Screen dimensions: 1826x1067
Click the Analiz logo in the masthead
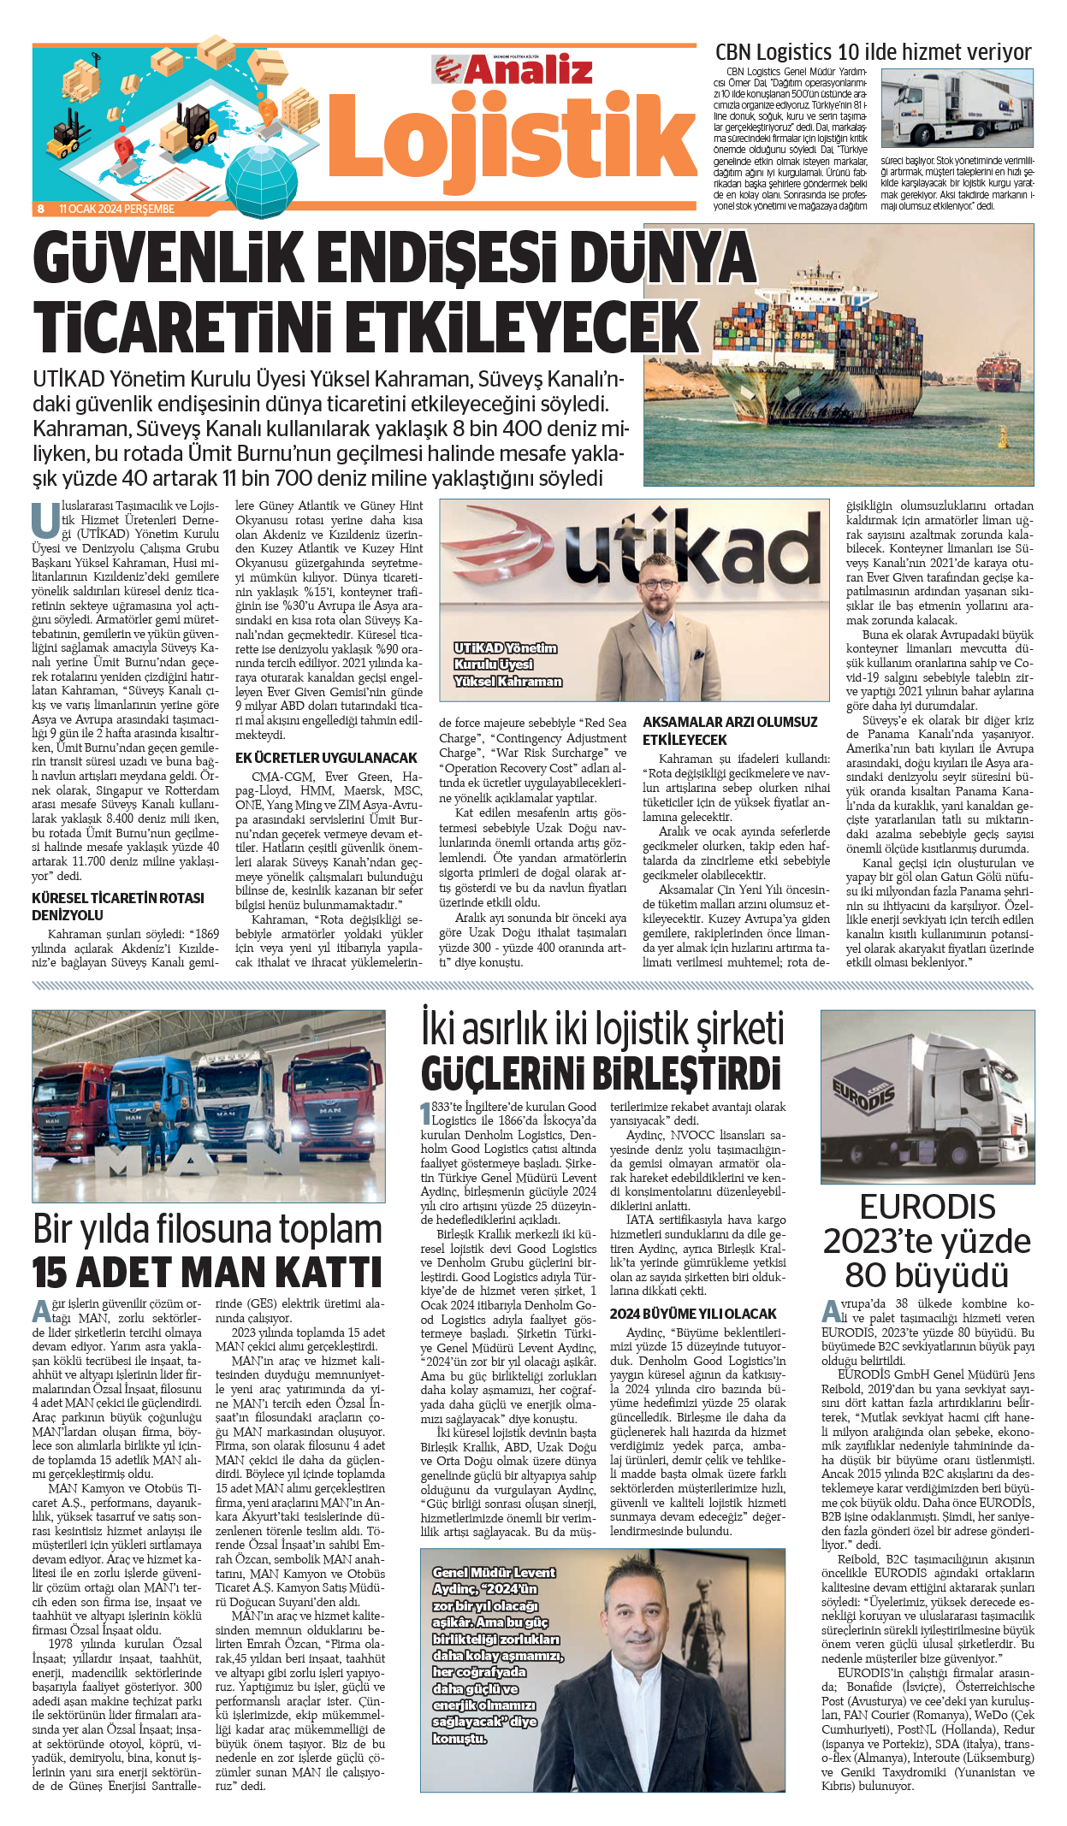(513, 69)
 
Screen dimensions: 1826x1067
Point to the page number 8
(40, 209)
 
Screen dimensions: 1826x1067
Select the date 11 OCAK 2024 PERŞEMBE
(116, 209)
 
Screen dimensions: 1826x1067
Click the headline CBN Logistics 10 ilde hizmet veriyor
(873, 52)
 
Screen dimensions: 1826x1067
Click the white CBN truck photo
(956, 109)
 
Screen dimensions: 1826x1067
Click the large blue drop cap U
(44, 519)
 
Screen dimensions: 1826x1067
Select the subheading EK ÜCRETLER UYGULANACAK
(326, 758)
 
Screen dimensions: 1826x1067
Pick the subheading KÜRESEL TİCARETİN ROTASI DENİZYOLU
(118, 906)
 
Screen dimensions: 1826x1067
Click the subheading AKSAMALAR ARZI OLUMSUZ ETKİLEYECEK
(730, 730)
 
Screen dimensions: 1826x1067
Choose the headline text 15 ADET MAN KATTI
(207, 1272)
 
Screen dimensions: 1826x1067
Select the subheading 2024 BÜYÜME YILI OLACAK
(693, 1313)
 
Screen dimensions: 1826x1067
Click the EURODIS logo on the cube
(863, 1094)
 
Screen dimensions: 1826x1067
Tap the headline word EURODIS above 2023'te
(928, 1207)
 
